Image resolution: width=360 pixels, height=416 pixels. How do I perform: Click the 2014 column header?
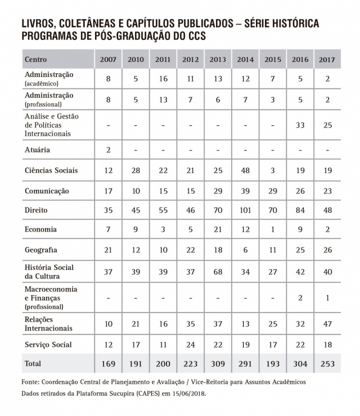245,59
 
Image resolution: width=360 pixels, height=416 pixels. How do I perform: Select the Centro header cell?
36,59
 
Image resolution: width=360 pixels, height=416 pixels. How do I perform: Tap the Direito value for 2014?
245,210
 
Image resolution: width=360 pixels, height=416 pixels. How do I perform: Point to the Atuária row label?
38,150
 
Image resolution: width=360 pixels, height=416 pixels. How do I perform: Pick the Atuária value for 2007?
109,150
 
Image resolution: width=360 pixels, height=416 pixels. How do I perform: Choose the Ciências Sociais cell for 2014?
245,170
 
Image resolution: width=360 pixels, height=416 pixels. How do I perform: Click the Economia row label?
40,229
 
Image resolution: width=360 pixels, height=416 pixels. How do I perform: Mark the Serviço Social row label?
48,344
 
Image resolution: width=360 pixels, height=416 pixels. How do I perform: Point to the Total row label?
33,364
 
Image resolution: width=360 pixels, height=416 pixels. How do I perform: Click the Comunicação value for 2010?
136,191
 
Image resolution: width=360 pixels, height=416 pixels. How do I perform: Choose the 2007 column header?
109,59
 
